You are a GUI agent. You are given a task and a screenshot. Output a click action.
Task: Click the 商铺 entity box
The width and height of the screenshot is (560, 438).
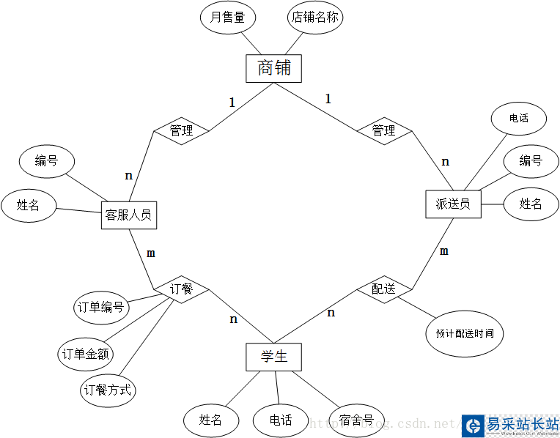click(274, 69)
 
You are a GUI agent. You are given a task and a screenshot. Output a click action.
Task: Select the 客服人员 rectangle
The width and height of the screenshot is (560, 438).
click(128, 215)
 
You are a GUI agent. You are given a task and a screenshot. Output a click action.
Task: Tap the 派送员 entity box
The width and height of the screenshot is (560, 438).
click(453, 204)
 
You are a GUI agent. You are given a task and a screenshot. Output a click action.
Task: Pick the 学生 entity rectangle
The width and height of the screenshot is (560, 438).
click(273, 357)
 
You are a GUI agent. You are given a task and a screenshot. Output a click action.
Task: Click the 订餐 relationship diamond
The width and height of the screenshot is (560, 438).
click(181, 289)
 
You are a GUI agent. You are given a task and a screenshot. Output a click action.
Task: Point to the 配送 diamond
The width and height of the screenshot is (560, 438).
click(384, 289)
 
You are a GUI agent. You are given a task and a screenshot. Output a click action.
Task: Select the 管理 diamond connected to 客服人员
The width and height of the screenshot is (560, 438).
click(181, 130)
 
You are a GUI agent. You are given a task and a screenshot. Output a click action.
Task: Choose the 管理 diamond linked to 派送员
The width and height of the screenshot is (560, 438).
click(384, 130)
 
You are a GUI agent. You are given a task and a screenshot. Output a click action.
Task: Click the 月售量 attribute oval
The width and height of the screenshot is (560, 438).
click(228, 18)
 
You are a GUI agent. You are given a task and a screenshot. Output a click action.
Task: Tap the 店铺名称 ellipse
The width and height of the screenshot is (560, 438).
click(315, 18)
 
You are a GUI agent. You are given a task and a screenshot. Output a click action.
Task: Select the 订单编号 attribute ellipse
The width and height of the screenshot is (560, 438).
click(102, 308)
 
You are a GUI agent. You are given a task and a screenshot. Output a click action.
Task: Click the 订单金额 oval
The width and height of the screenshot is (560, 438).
click(86, 355)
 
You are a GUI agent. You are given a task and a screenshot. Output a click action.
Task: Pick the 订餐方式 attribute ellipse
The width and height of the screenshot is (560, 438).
click(108, 390)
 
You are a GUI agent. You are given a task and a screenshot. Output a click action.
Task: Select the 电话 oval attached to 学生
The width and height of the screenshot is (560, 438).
click(281, 420)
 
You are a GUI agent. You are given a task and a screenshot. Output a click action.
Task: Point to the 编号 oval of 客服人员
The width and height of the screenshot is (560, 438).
click(46, 161)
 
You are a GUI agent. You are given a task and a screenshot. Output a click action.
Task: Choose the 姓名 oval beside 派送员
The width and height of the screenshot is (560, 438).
click(531, 204)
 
